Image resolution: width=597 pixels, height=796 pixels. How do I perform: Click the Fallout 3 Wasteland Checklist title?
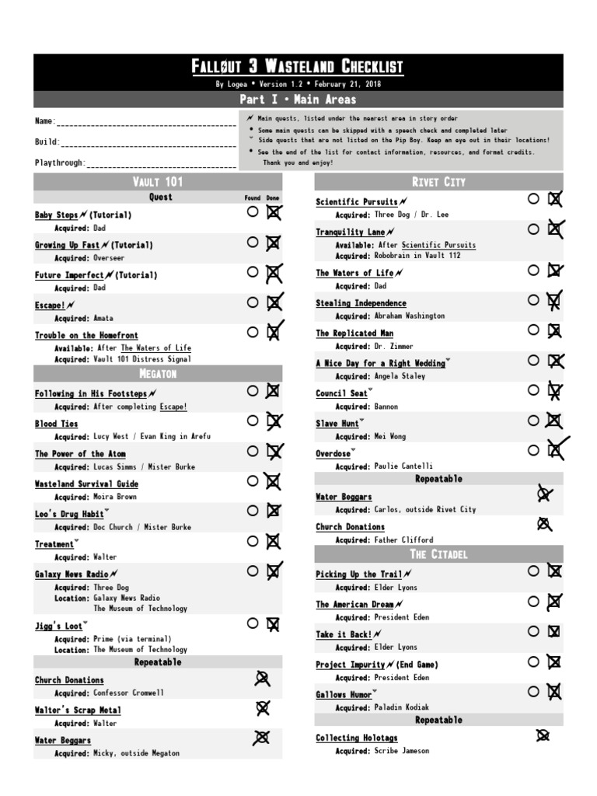[298, 68]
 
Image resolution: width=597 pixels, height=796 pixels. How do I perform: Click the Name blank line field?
[146, 122]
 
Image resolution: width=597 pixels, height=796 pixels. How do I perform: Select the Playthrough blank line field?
[162, 163]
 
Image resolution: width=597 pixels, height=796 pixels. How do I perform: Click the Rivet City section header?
[438, 182]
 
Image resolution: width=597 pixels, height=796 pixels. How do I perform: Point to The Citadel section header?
[438, 554]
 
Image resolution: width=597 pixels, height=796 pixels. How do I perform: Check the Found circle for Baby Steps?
[252, 211]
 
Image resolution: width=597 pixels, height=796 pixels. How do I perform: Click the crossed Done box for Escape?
[274, 302]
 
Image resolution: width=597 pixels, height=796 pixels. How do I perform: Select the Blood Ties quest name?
[56, 424]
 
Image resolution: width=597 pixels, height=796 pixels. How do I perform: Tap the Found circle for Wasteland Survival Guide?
[252, 481]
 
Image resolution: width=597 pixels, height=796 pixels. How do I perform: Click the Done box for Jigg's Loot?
[274, 623]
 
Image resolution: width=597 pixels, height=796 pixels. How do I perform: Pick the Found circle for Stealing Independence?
[533, 300]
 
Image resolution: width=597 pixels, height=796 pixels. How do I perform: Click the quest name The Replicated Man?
[354, 333]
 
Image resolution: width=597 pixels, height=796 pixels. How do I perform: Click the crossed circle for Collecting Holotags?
[543, 735]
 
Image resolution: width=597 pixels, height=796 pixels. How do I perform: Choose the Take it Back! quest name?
[344, 635]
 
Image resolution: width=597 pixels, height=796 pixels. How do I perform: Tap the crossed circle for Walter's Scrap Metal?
[263, 708]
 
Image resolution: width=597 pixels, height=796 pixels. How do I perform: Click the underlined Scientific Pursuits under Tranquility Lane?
[438, 245]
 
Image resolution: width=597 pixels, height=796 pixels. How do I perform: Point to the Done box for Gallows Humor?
[554, 691]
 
